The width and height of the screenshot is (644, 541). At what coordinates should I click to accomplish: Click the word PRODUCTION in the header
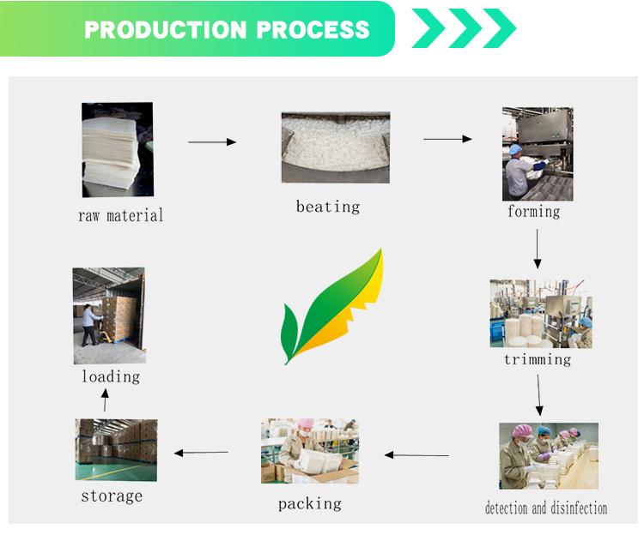point(165,29)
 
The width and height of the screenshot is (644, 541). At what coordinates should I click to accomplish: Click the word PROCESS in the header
point(313,29)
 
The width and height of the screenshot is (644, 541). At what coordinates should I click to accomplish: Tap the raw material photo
point(118,150)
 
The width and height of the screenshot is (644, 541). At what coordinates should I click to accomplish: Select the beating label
point(328,207)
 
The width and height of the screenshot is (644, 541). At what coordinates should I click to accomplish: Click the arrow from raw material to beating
point(212,142)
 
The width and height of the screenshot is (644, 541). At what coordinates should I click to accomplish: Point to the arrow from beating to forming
point(447,139)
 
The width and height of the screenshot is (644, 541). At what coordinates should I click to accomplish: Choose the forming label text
point(533,212)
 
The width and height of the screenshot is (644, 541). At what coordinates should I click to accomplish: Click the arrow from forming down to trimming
point(538,249)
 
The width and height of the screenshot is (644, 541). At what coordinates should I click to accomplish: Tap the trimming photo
point(541,314)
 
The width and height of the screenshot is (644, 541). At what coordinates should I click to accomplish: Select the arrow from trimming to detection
point(539,394)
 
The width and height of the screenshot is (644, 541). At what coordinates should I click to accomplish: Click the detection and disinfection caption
point(546,508)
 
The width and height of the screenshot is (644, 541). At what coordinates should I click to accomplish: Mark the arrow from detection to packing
point(416,455)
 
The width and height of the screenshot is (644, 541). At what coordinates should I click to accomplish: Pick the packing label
point(310,503)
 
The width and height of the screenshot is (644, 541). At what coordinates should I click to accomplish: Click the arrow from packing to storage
point(201,453)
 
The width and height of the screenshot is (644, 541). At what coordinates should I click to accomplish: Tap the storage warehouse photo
point(116,450)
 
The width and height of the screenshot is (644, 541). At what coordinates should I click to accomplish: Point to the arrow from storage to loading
point(105,400)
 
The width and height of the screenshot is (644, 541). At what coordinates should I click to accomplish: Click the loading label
point(111,376)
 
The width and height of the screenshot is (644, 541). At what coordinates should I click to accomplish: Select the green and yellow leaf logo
point(331,306)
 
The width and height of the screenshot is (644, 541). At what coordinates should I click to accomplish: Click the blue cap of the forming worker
point(515,149)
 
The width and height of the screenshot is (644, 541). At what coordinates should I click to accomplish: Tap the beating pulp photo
point(336,147)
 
